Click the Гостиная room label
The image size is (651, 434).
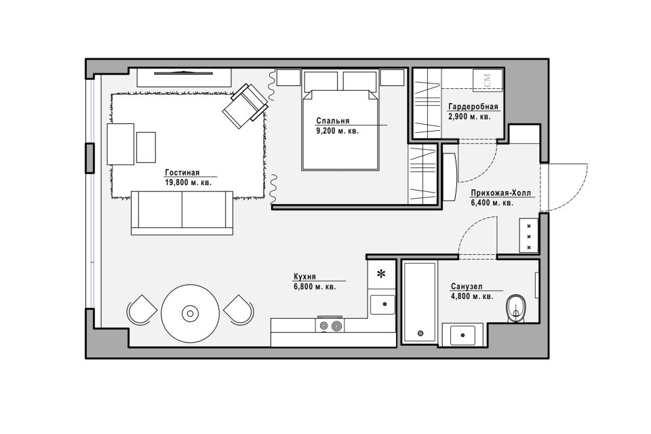click(x=182, y=173)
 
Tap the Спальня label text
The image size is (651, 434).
click(x=332, y=121)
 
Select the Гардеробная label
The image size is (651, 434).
click(x=473, y=106)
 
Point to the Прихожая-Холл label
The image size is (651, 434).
click(x=500, y=193)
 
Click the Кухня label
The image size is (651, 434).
click(x=304, y=277)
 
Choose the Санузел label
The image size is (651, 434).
click(x=467, y=287)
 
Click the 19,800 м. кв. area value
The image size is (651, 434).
click(x=188, y=182)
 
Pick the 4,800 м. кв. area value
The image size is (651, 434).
click(x=472, y=296)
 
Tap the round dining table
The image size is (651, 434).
click(x=190, y=313)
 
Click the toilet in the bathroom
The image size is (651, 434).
click(x=515, y=309)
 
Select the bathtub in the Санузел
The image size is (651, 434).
click(x=420, y=302)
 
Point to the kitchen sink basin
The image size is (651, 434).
click(x=382, y=304)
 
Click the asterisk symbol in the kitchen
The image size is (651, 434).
click(x=380, y=274)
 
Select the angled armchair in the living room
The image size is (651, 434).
click(x=245, y=106)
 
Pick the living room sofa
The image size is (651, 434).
click(x=182, y=213)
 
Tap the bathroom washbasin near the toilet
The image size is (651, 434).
click(x=462, y=335)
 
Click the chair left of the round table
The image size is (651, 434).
click(x=142, y=310)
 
